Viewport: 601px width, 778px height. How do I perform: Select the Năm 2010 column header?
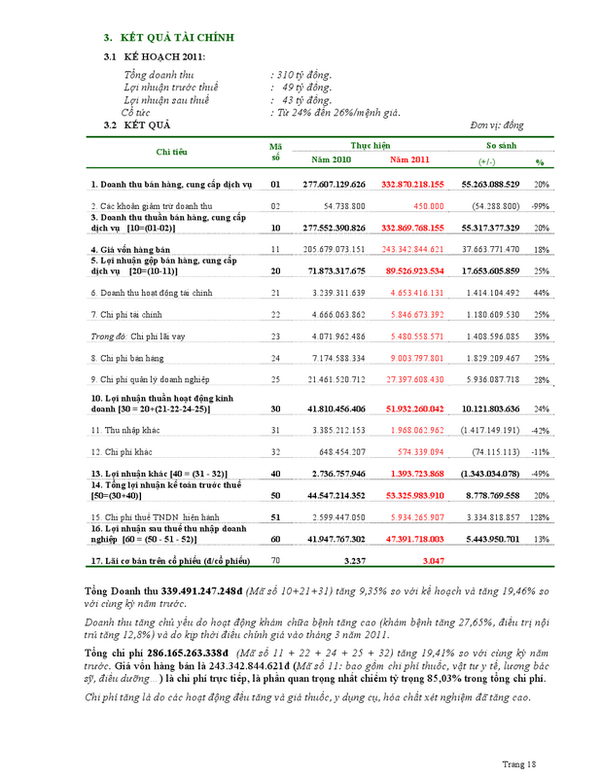tap(331, 159)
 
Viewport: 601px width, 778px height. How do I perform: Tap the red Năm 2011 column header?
tap(408, 159)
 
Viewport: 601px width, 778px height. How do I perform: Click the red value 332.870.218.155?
tap(412, 184)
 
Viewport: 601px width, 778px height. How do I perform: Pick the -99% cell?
tap(540, 206)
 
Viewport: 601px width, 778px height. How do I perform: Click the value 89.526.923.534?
tap(412, 269)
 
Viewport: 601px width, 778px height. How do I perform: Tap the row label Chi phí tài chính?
tap(132, 315)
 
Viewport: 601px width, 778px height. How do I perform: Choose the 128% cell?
tap(540, 517)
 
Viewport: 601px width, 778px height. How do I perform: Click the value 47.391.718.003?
tap(412, 538)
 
